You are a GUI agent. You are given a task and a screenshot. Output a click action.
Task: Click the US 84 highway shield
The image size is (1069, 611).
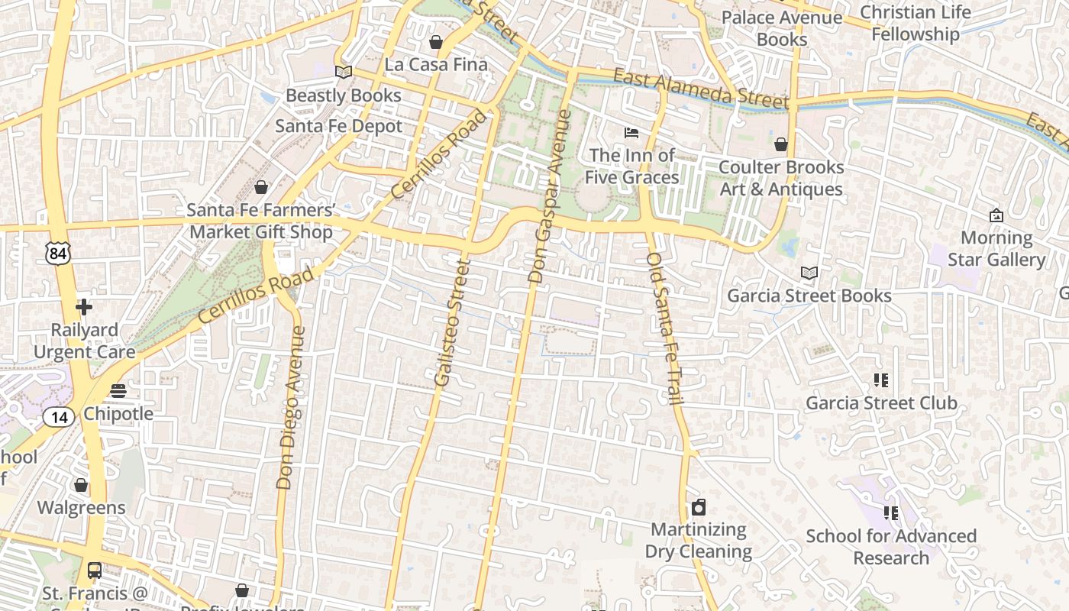(x=58, y=253)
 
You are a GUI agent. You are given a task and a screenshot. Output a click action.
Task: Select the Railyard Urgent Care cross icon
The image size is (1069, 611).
(x=84, y=307)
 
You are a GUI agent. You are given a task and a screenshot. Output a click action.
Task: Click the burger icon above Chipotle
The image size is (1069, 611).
(x=118, y=391)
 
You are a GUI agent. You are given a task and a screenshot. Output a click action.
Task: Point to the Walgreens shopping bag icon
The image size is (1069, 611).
(x=81, y=485)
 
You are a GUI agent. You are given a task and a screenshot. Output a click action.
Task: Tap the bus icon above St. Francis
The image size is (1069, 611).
(x=95, y=570)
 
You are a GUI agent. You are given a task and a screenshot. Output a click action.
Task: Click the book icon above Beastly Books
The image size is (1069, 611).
(x=344, y=72)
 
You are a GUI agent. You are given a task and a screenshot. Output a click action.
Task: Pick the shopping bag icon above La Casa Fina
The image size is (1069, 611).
(x=436, y=41)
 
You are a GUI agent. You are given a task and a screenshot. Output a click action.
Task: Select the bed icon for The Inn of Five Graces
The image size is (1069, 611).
(x=631, y=133)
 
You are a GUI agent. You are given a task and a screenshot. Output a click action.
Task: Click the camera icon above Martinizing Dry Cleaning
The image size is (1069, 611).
(x=698, y=507)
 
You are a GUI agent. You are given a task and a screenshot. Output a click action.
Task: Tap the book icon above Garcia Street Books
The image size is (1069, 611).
(x=809, y=273)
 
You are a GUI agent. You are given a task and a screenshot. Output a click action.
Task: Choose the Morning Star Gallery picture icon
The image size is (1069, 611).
(x=996, y=215)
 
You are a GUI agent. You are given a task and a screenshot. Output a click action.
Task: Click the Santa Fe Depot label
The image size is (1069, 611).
(x=338, y=126)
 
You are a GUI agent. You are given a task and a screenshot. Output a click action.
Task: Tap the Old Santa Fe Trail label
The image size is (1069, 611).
(x=664, y=328)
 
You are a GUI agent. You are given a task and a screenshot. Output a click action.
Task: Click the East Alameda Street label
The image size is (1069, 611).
(x=700, y=86)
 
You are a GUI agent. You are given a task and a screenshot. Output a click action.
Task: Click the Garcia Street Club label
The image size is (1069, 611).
(x=881, y=402)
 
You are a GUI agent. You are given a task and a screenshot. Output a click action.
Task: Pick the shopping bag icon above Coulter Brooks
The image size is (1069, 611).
(x=781, y=144)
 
